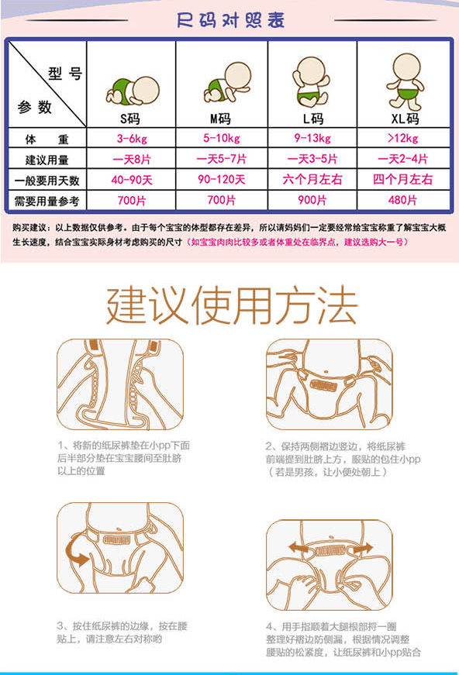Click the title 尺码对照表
pos(229,19)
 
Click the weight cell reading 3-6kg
pos(130,139)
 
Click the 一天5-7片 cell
pos(221,160)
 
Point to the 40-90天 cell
pos(130,180)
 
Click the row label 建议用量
pos(47,160)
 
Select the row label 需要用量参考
pos(47,200)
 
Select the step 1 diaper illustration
pos(120,384)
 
